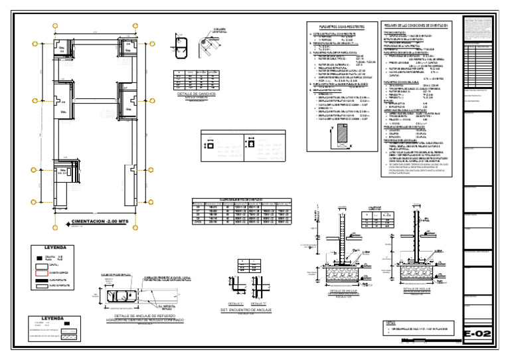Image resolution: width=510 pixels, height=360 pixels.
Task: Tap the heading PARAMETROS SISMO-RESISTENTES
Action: pos(335,26)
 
